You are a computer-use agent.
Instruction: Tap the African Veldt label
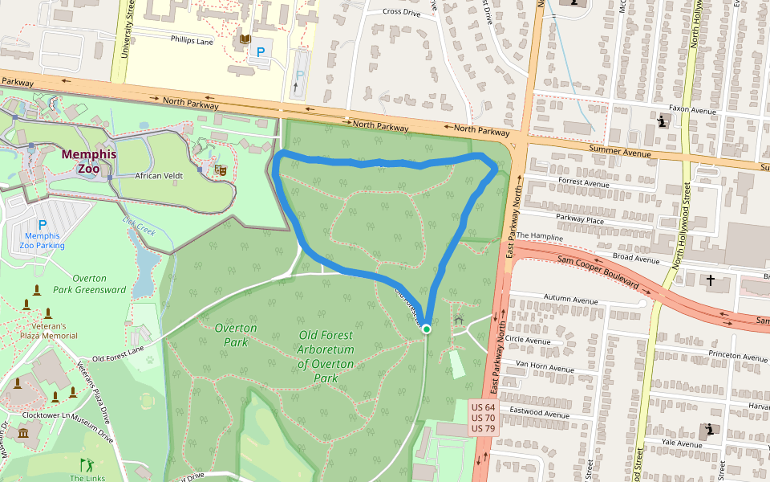[159, 175]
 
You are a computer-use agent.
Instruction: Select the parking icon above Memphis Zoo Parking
[43, 225]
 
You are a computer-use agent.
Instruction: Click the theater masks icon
[219, 170]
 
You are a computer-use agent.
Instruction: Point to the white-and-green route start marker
[427, 329]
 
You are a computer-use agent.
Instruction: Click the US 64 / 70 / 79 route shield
[483, 418]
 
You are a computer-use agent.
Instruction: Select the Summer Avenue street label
[617, 149]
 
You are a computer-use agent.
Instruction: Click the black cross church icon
[710, 280]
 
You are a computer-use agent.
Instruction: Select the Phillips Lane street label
[192, 39]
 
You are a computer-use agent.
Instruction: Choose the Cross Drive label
[402, 12]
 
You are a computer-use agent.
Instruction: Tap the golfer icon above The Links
[87, 464]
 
